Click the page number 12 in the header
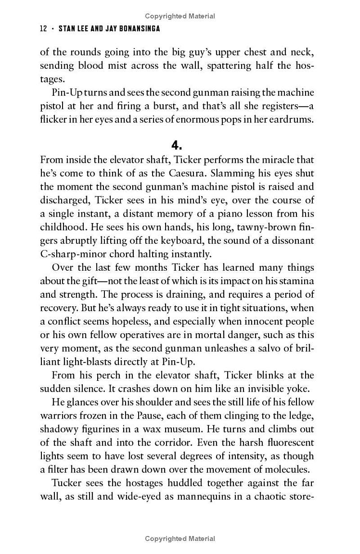[44, 29]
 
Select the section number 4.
[176, 145]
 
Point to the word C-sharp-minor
[67, 254]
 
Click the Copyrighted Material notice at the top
[180, 17]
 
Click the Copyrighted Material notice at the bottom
[180, 539]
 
